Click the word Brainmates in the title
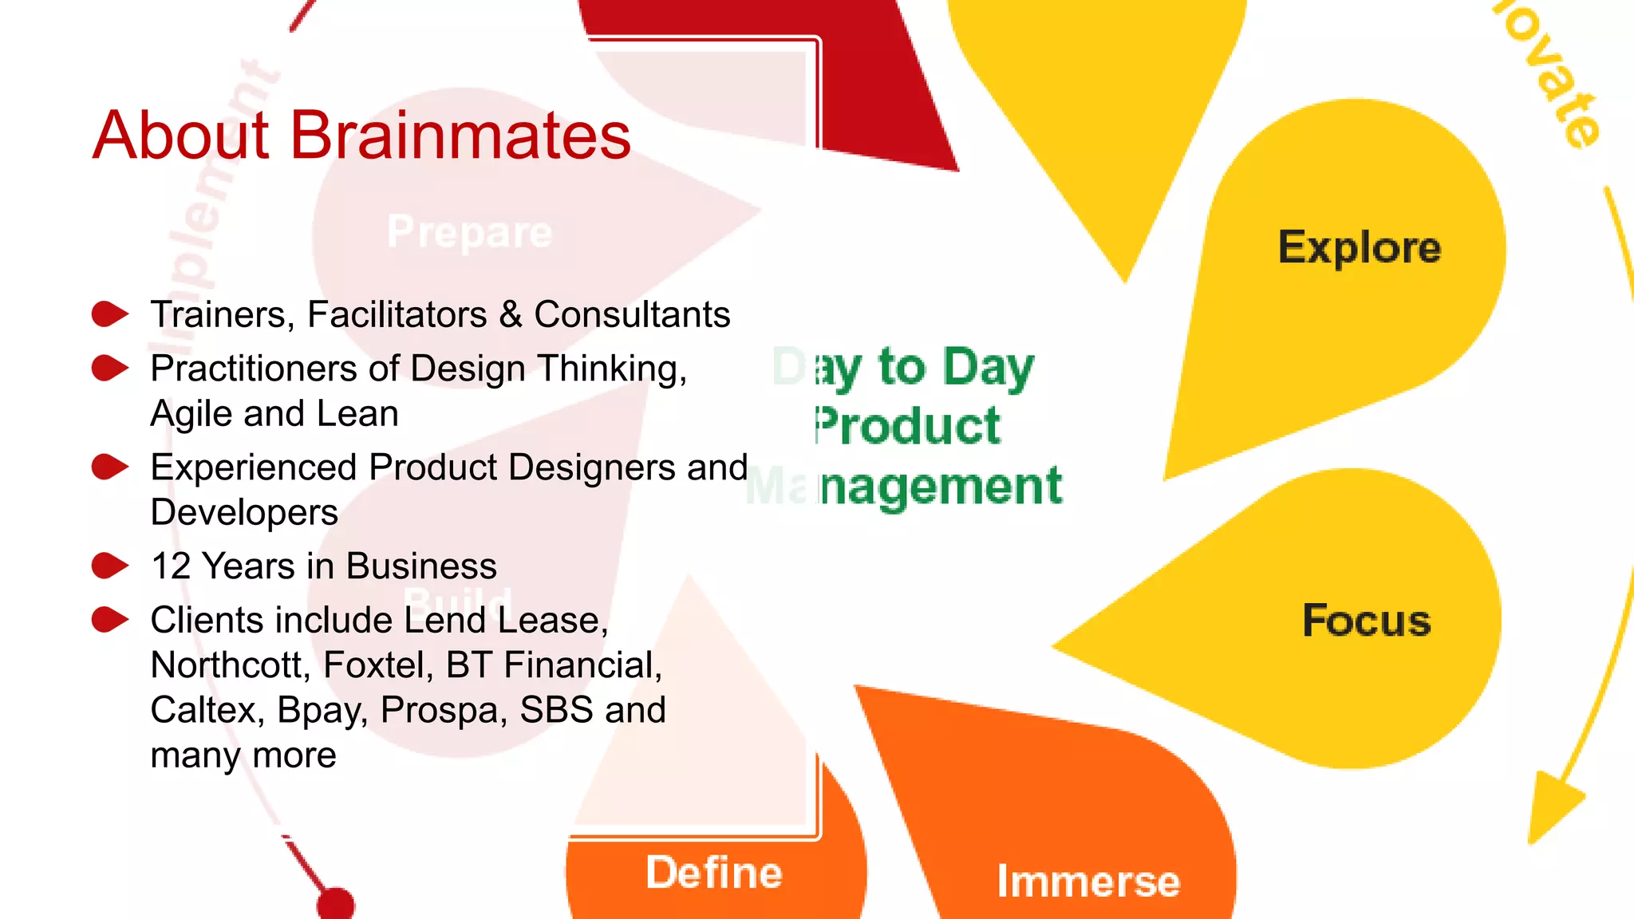tap(460, 136)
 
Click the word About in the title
tap(181, 136)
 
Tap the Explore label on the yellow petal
tap(1360, 248)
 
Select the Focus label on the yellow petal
tap(1366, 621)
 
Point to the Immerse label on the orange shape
tap(1087, 882)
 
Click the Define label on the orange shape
tap(714, 873)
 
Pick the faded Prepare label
tap(469, 232)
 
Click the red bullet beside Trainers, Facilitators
tap(109, 314)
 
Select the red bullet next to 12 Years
tap(109, 566)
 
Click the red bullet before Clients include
tap(109, 620)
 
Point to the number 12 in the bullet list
tap(171, 566)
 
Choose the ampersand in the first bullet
tap(511, 314)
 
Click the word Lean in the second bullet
tap(357, 413)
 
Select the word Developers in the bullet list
tap(244, 512)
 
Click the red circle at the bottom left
tap(335, 905)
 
